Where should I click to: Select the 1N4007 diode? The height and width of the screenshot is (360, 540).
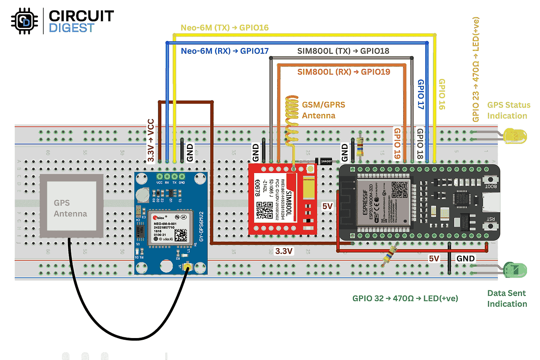(323, 161)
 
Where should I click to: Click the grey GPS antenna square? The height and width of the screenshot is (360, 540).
(71, 207)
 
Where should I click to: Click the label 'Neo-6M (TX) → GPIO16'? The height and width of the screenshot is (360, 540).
(225, 28)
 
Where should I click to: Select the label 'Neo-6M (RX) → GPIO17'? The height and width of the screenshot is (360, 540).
(225, 51)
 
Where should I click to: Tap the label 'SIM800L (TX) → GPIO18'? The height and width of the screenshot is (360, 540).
(343, 51)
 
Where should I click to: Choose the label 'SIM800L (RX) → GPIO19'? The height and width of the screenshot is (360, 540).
(343, 72)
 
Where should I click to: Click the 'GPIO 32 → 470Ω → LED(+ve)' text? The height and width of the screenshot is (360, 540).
(405, 298)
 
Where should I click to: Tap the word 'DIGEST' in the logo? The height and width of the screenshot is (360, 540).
(72, 28)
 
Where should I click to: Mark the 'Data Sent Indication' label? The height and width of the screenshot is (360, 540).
(507, 298)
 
